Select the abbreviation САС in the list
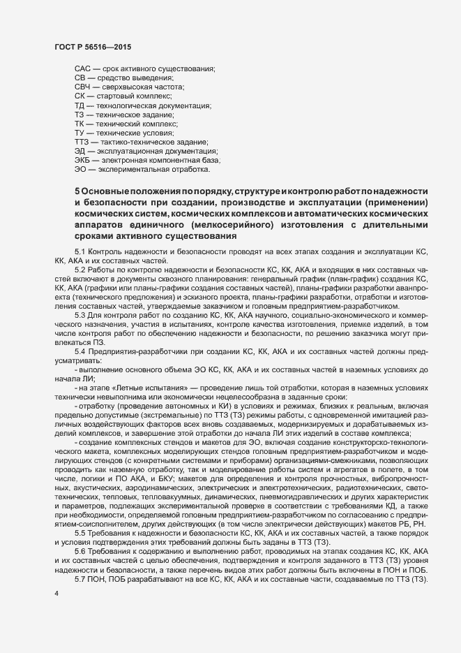tap(82, 68)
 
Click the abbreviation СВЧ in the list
tap(83, 87)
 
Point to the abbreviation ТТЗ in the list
tap(82, 142)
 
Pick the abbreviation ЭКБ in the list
tap(82, 160)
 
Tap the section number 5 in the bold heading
tap(77, 191)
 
